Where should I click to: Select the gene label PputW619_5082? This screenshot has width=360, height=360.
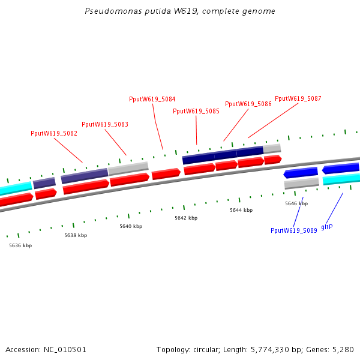54,133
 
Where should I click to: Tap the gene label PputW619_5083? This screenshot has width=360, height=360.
105,124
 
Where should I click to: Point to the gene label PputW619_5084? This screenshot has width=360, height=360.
152,99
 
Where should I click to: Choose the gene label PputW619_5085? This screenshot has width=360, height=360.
196,111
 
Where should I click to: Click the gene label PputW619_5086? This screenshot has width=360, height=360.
248,104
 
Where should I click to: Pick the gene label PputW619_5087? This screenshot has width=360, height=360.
298,98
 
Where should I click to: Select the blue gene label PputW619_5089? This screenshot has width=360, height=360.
294,230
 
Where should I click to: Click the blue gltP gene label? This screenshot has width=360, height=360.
327,227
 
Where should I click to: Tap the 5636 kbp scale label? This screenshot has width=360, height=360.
20,245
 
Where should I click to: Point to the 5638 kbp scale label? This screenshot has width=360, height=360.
76,235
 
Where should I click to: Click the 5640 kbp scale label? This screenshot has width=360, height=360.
131,226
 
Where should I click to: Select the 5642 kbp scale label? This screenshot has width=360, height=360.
186,218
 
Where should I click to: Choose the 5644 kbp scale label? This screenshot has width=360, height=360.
241,210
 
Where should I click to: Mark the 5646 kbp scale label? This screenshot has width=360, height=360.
296,203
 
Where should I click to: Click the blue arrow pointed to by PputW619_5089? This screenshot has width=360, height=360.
301,173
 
